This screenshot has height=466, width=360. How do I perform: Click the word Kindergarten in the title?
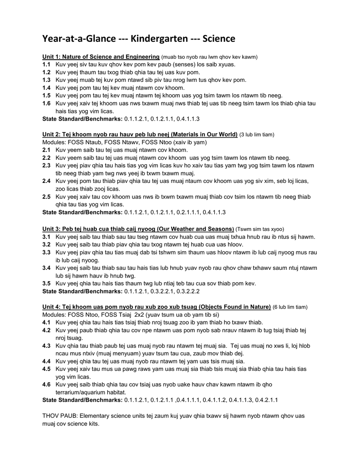click(x=159, y=39)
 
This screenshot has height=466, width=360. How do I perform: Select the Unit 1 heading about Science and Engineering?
click(x=101, y=57)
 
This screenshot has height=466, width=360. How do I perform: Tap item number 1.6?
click(x=46, y=103)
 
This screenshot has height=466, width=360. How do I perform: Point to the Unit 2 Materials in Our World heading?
click(x=140, y=135)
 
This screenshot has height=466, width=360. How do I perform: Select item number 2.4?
click(x=46, y=181)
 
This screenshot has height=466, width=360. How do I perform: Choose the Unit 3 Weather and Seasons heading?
click(x=138, y=228)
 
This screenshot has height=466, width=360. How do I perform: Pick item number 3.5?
click(x=46, y=284)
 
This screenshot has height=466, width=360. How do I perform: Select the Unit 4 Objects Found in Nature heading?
click(x=156, y=307)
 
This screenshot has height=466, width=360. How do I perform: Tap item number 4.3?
click(x=46, y=346)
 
